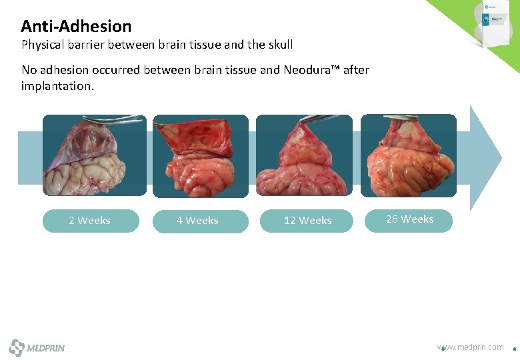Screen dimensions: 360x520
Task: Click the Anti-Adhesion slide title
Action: click(x=76, y=27)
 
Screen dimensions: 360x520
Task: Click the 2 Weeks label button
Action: click(x=90, y=221)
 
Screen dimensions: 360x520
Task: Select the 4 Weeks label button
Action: click(x=197, y=221)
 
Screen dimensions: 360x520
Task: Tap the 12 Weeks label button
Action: click(x=307, y=221)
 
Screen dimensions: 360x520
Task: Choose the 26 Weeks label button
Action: click(x=409, y=219)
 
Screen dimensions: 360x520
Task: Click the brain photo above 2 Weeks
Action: click(x=94, y=155)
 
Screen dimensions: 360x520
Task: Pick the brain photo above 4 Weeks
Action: click(x=200, y=156)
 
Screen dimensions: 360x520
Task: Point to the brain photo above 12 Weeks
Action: click(x=304, y=155)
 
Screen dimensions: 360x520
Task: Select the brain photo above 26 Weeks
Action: click(x=409, y=155)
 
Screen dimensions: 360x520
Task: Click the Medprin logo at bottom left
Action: click(x=37, y=347)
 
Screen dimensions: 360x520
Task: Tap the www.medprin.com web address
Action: click(x=471, y=347)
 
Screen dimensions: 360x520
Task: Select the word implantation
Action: click(x=57, y=86)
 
